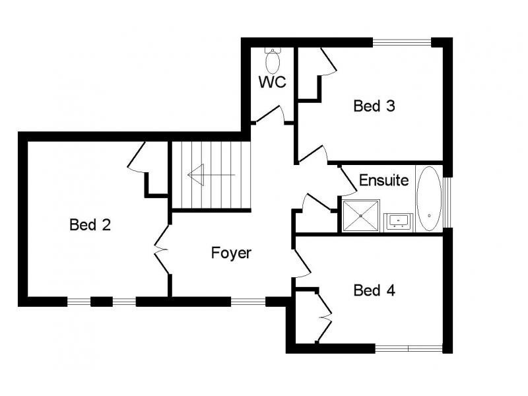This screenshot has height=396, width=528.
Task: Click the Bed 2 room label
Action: [x=90, y=224]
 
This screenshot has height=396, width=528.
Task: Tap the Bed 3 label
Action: [x=374, y=106]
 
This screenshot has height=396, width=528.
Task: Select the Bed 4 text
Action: [x=374, y=290]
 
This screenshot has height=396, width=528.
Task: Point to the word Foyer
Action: [x=231, y=253]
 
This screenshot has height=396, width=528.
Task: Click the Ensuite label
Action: [x=384, y=180]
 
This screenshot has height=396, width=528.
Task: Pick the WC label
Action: [x=273, y=82]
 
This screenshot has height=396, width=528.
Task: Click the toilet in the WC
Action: [x=273, y=61]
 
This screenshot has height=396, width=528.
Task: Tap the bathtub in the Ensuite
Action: [x=429, y=199]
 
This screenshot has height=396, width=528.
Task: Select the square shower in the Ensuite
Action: [x=361, y=216]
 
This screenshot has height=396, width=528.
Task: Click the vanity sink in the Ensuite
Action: [x=399, y=221]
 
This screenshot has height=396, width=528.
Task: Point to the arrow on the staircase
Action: [x=211, y=175]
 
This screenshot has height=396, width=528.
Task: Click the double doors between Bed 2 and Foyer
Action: [x=162, y=249]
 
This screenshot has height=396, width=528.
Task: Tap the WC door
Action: [x=271, y=114]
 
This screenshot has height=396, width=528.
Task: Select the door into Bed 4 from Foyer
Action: [x=302, y=263]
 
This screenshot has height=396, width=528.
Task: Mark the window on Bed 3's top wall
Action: [x=402, y=42]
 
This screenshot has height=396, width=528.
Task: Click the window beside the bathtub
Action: [x=447, y=202]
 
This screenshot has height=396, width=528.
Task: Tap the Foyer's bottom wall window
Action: [x=248, y=302]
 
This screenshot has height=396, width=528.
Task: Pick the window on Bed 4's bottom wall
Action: [x=409, y=348]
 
